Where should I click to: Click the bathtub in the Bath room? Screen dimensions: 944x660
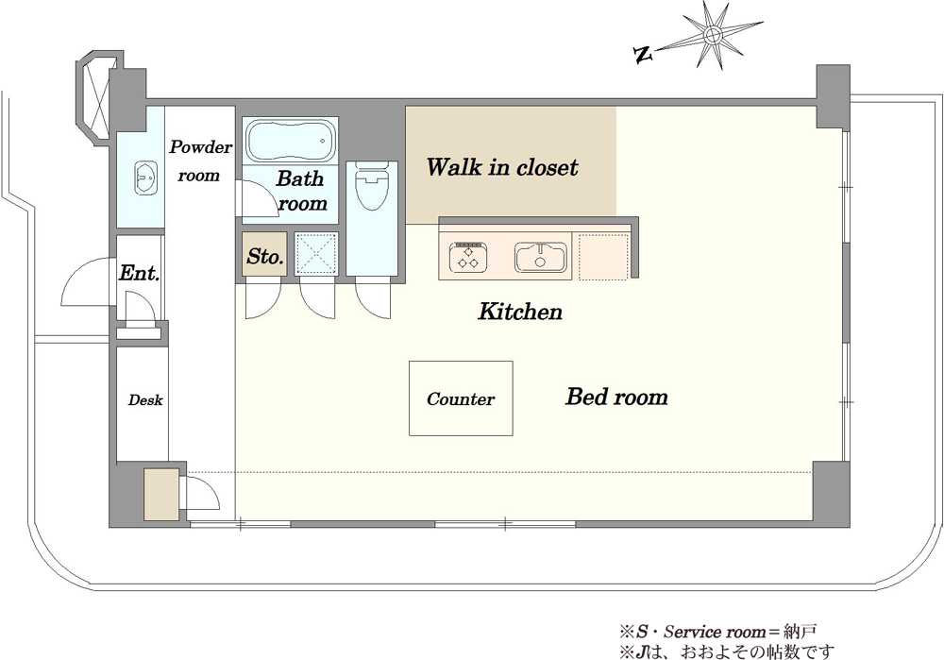coord(290,141)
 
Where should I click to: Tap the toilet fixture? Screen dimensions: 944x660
coord(371,185)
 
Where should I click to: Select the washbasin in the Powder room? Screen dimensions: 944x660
coord(145,178)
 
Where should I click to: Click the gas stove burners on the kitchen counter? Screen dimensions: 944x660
coord(468,257)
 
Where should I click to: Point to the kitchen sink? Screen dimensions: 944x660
coord(541,257)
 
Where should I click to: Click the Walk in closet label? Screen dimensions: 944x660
coord(503,167)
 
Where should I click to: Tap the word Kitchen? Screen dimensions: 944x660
coord(520,312)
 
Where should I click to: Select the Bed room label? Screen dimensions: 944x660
coord(616,397)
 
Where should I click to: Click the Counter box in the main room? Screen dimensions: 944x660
coord(462,398)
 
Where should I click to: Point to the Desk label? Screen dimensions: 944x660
coord(145,399)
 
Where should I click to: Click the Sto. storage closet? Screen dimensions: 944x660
coord(265,254)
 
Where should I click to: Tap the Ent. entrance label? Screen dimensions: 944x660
coord(139,273)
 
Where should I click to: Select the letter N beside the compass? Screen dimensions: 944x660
coord(643,56)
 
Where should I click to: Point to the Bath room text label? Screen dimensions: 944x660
coord(302,191)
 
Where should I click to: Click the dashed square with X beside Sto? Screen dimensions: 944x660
coord(316,254)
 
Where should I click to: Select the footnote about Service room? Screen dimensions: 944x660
coord(718,632)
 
